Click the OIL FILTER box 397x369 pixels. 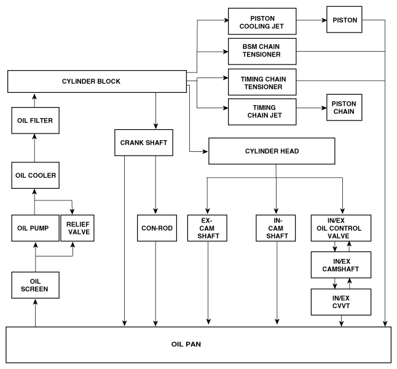point(36,121)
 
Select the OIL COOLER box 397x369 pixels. point(36,175)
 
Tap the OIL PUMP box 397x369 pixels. point(35,228)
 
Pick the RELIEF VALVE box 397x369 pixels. point(77,228)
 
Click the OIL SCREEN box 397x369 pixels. point(36,285)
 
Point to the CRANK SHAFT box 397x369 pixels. point(144,143)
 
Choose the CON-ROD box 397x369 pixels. point(157,228)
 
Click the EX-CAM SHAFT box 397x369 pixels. point(207,228)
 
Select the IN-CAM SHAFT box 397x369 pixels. point(276,228)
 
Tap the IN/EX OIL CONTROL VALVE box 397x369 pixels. point(341,228)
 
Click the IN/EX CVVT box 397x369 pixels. point(341,302)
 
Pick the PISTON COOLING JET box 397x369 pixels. point(262,22)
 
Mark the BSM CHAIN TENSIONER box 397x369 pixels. point(262,52)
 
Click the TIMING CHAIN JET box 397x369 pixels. point(262,112)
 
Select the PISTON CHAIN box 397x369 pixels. point(344,108)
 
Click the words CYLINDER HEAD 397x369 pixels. point(272,151)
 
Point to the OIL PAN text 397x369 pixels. point(186,344)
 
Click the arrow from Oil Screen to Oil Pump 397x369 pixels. point(36,256)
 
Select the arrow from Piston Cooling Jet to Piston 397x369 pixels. point(312,20)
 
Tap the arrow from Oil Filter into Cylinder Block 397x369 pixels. point(34,101)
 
